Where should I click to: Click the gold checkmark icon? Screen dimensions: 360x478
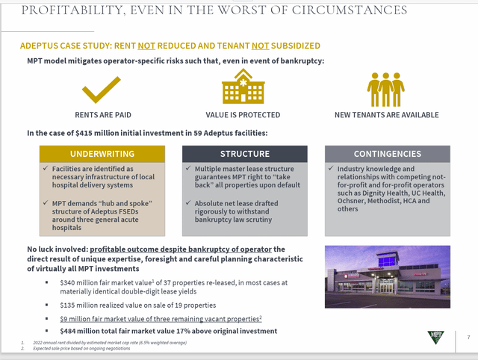[100, 89]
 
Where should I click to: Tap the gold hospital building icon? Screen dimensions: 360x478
[243, 87]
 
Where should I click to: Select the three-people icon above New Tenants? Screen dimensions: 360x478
[385, 89]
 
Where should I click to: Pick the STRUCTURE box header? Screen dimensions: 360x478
[244, 154]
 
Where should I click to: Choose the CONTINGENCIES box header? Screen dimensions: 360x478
[387, 154]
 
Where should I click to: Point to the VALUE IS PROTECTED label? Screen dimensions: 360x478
[243, 115]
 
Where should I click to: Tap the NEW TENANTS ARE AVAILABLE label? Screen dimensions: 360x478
[386, 115]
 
